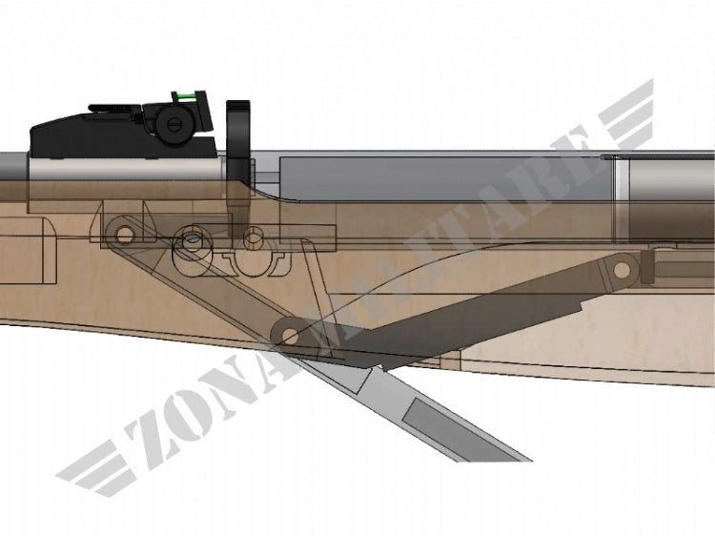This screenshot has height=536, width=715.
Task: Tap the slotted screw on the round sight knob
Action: [x=174, y=122]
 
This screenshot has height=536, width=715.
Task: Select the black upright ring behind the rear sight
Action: [x=238, y=139]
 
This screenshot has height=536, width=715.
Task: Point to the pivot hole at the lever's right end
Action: [x=622, y=270]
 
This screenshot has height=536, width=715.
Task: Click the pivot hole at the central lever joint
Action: [x=289, y=337]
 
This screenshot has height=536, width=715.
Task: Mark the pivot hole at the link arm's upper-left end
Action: [x=124, y=235]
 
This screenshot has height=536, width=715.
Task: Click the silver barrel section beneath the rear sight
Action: [x=125, y=168]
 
